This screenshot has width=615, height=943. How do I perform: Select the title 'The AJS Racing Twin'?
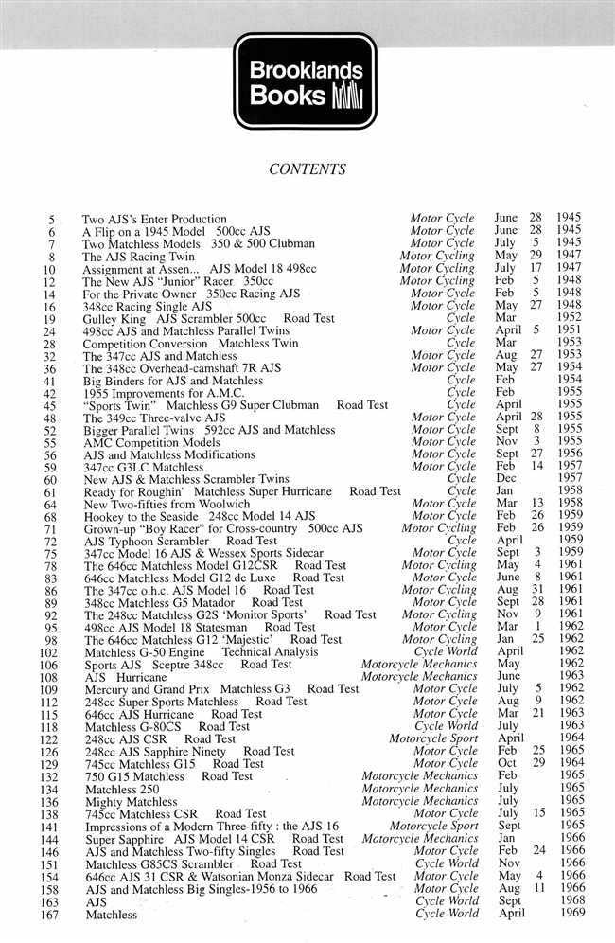point(137,256)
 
